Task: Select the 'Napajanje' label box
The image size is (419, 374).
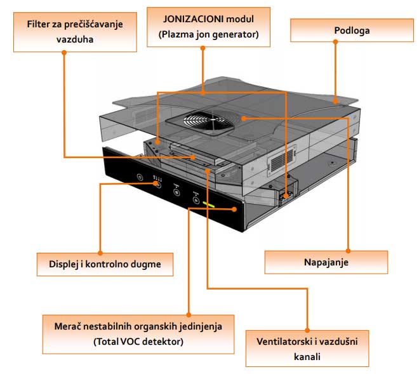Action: (325, 262)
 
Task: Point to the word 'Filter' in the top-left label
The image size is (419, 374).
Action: (39, 24)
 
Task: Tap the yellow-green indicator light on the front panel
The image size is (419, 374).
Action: (211, 205)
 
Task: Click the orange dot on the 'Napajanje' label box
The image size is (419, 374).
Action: (349, 249)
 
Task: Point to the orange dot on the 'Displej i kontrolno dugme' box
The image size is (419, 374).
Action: (101, 249)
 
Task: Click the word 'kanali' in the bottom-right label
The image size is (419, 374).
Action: (307, 356)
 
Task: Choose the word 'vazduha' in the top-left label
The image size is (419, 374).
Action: (63, 38)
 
